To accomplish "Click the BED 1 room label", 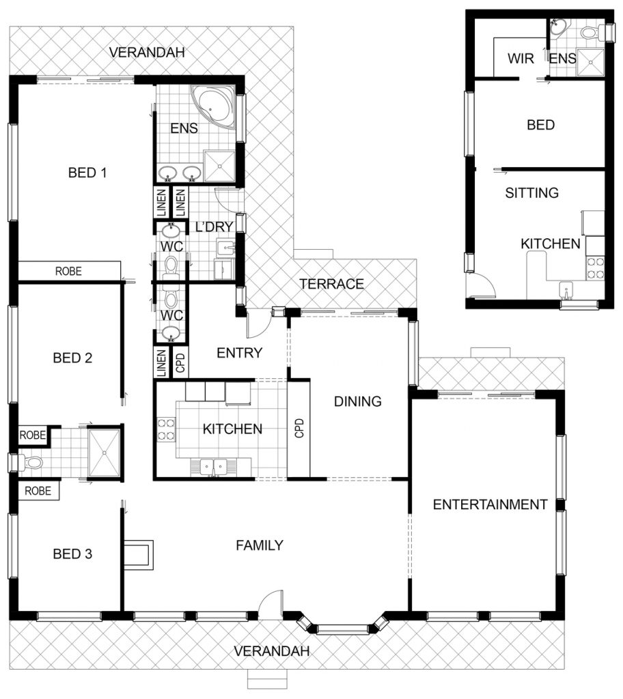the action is coord(87,173).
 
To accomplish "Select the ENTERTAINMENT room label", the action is coord(490,504).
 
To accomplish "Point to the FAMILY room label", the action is coord(260,545).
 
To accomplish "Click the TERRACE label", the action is coord(331,284).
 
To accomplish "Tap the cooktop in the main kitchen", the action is coord(166,429).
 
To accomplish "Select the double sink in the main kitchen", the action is coord(213,467).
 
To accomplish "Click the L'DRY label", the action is coord(214,227).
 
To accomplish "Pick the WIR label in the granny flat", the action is coord(521,59).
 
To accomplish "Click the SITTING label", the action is coord(531,193).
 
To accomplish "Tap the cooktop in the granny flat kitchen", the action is coord(595,268).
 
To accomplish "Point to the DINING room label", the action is coord(358,401).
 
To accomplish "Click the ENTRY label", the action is coord(239,353).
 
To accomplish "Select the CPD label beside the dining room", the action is coord(299,428).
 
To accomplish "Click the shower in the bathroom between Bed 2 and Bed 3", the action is coord(105,453).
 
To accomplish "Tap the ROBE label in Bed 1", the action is coord(68,271).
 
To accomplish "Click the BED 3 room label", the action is coord(72,554).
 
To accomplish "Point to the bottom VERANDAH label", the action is coord(271,651).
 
